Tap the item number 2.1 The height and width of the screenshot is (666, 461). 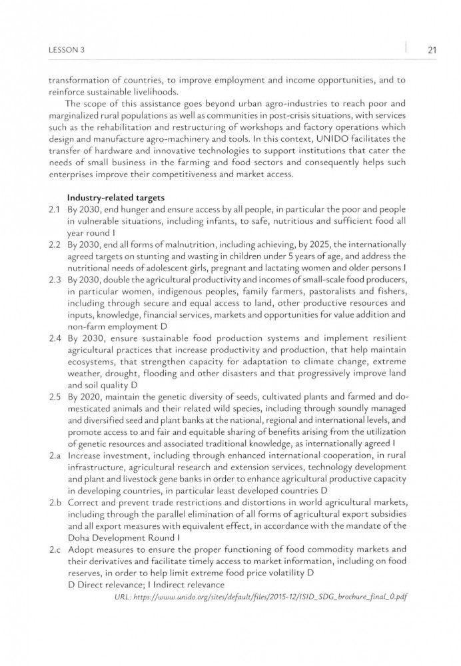[54, 209]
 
